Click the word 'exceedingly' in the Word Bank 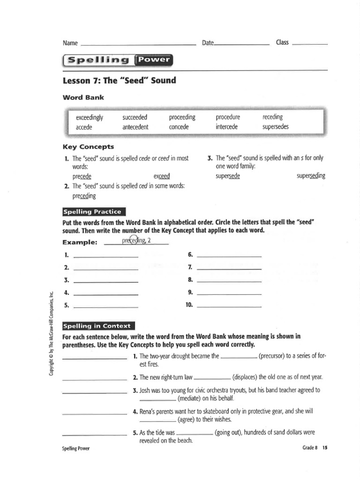(89, 117)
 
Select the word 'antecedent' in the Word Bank (135, 127)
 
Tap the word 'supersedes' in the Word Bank (276, 127)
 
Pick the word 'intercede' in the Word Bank (227, 127)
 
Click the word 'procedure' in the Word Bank (228, 117)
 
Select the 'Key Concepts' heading (88, 147)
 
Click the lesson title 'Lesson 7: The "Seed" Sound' (119, 80)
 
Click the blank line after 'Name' (138, 45)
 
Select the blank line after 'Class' (309, 45)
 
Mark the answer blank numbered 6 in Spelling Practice (229, 256)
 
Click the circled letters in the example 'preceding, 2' (133, 240)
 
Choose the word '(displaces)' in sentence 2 (247, 377)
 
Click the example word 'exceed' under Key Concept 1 (161, 177)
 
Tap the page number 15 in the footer (325, 448)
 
